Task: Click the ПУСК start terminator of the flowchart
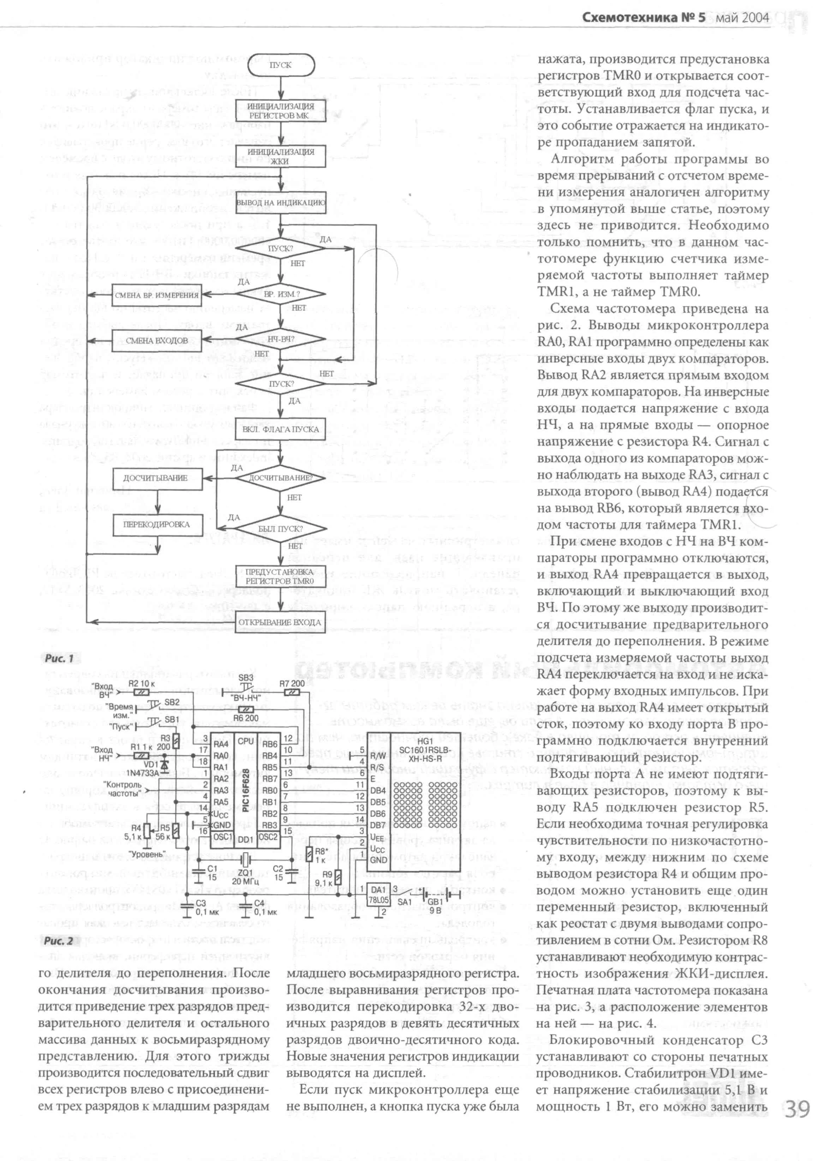(x=281, y=65)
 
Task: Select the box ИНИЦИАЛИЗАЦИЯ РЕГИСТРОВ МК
(x=281, y=111)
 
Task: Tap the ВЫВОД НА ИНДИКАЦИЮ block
(x=281, y=202)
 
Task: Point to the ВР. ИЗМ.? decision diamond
(x=281, y=294)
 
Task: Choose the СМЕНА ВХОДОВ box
(x=157, y=340)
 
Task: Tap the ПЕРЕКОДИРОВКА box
(x=157, y=524)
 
